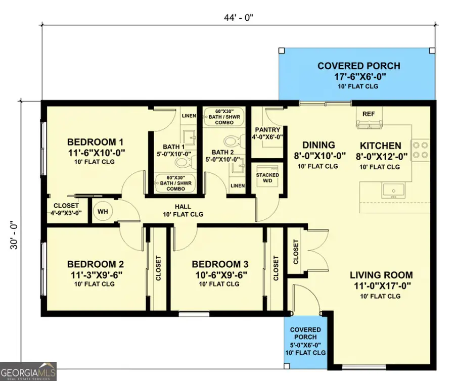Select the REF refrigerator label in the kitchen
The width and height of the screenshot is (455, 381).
pos(369,114)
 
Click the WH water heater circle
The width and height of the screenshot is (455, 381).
pos(102,211)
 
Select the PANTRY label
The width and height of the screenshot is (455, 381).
pos(267,130)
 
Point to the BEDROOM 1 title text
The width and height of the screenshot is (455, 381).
pos(96,141)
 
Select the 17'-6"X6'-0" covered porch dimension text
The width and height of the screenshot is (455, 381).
pos(358,77)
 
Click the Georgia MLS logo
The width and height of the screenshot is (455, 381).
pos(28,371)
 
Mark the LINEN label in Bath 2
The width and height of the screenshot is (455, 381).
pos(237,186)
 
